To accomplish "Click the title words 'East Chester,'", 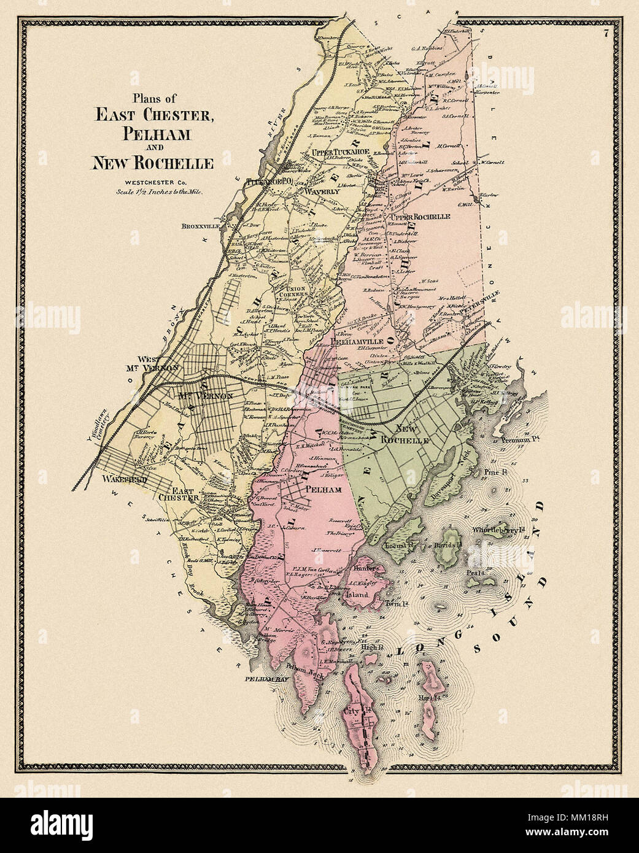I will tap(153, 115).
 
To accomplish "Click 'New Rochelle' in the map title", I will tap(152, 163).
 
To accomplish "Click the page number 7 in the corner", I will tap(605, 34).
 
